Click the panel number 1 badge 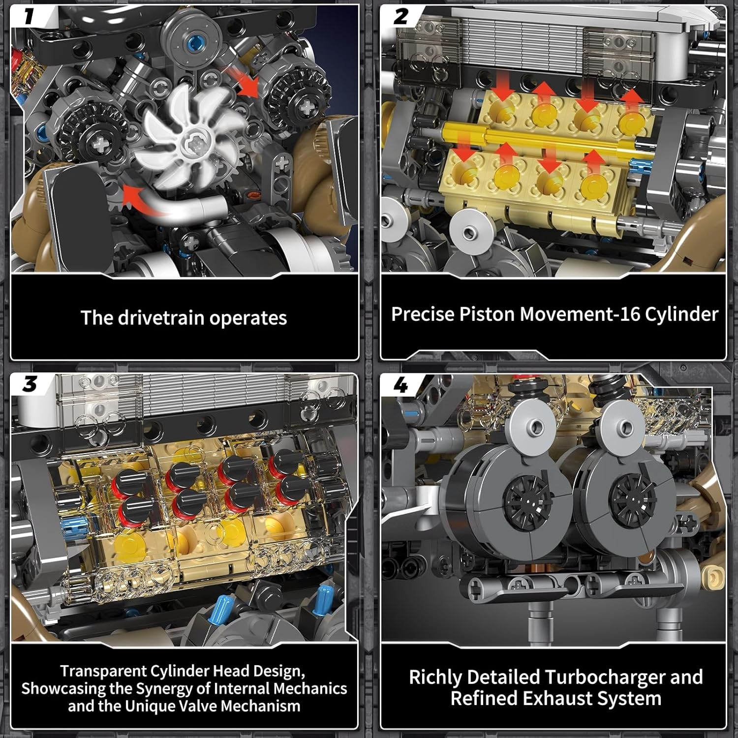(29, 16)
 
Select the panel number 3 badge (29, 384)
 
